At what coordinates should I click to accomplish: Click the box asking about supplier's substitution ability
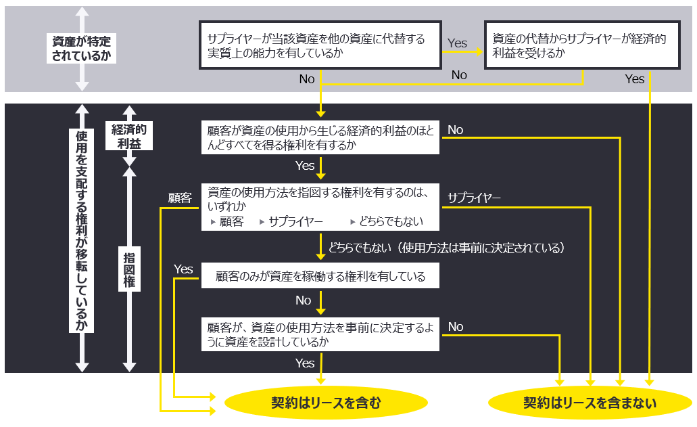(320, 45)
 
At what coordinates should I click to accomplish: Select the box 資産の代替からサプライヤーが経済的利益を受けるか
(582, 45)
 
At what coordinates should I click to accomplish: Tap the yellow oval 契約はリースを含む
(326, 403)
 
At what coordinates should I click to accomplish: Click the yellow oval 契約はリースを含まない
(590, 403)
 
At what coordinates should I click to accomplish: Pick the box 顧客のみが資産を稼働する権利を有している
(320, 276)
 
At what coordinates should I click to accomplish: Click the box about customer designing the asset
(320, 334)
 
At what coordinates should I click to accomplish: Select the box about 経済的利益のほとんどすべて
(320, 137)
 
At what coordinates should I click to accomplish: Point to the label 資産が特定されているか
(81, 49)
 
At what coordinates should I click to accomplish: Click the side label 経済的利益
(129, 136)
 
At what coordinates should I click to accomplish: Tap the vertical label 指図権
(129, 269)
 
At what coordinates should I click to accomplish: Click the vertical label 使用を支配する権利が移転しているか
(81, 231)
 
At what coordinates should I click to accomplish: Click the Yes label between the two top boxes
(457, 43)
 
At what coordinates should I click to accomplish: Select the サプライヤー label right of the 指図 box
(474, 198)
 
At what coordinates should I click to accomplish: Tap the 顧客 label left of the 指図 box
(180, 198)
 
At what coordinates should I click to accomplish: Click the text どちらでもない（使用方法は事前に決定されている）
(446, 248)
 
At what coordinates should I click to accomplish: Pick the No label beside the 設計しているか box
(455, 327)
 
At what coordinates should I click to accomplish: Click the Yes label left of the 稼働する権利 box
(183, 269)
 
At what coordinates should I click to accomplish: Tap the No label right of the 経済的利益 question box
(455, 130)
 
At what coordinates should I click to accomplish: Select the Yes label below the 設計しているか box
(305, 363)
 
